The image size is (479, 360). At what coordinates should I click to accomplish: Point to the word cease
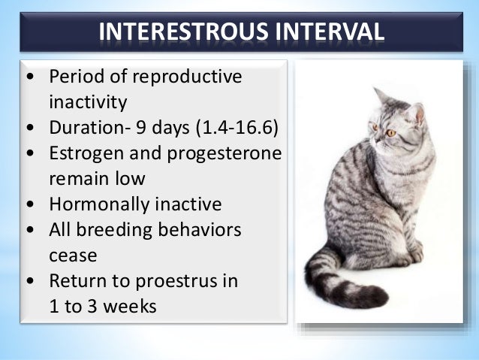73,255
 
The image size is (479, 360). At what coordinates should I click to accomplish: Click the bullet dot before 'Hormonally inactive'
29,204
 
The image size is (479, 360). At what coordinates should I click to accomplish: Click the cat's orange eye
390,133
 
